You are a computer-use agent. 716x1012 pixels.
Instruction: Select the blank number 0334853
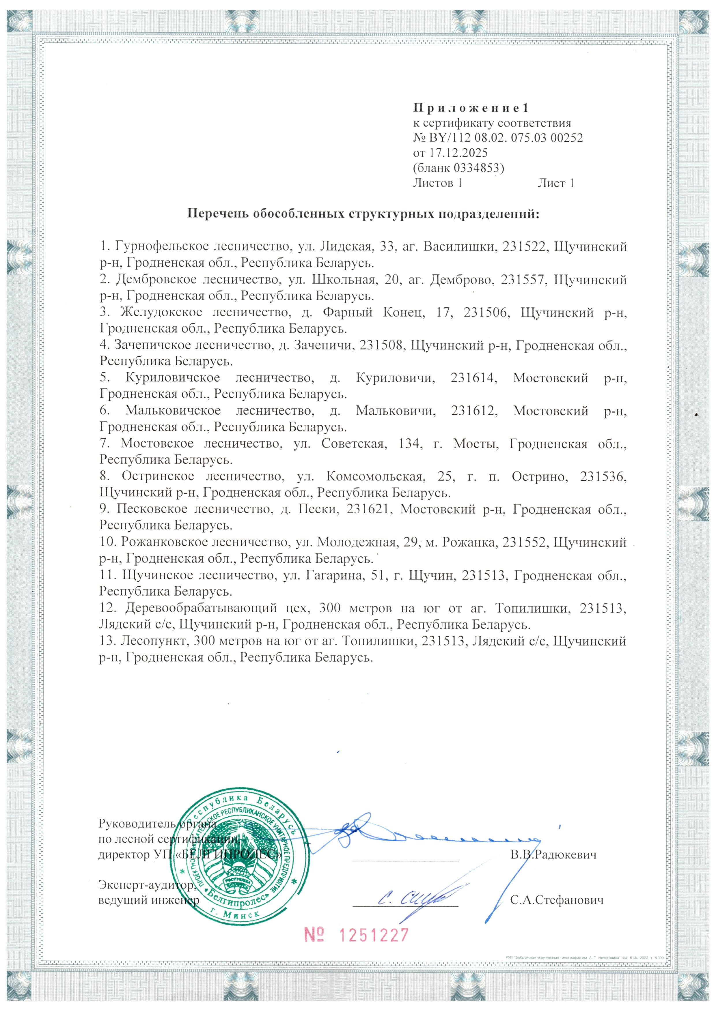click(482, 168)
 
